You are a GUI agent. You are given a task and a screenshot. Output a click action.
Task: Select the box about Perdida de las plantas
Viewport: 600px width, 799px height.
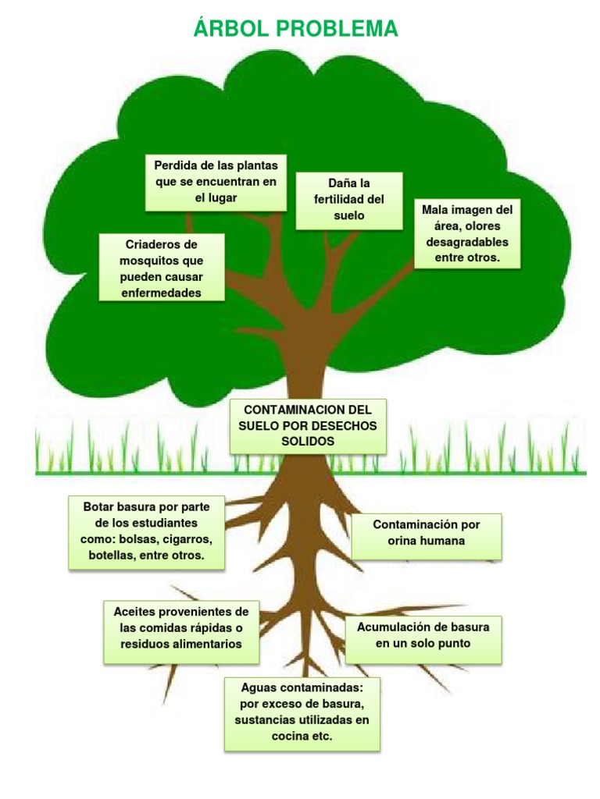pos(216,183)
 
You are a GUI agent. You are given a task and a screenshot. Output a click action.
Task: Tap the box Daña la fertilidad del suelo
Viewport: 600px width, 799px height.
pos(349,201)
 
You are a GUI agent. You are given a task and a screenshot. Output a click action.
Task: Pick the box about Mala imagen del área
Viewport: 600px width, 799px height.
pos(467,233)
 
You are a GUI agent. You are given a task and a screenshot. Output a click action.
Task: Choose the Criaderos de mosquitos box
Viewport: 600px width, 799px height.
pos(161,268)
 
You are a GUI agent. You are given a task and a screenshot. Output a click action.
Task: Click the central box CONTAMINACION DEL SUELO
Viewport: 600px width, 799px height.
pos(308,426)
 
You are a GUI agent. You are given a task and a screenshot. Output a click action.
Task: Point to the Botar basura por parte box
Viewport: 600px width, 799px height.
pos(146,532)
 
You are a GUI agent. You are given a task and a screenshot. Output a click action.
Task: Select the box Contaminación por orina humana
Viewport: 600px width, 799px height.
pos(427,536)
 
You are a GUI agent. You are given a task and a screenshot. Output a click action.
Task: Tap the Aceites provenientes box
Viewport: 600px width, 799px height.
pos(181,632)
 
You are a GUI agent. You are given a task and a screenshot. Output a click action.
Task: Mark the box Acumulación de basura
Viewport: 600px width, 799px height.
pos(423,640)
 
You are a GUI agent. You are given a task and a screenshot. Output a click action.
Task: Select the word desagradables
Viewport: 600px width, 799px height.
pos(467,242)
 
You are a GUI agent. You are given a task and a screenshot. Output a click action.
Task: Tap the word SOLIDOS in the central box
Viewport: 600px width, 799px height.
pos(308,442)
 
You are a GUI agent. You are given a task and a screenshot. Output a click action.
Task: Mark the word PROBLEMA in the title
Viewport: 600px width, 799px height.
pos(337,29)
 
